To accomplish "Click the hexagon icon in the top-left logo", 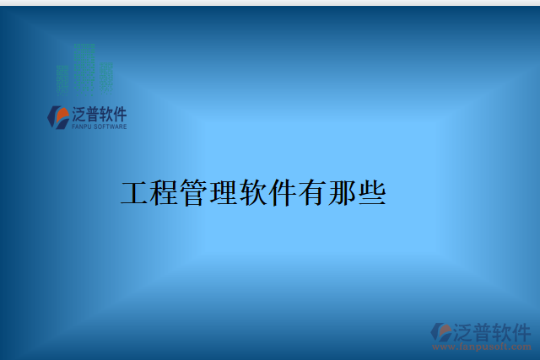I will tap(58, 116).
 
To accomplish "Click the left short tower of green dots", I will tap(63, 78).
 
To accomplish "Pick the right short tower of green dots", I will tap(105, 76).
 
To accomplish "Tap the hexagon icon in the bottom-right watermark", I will tap(441, 332).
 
